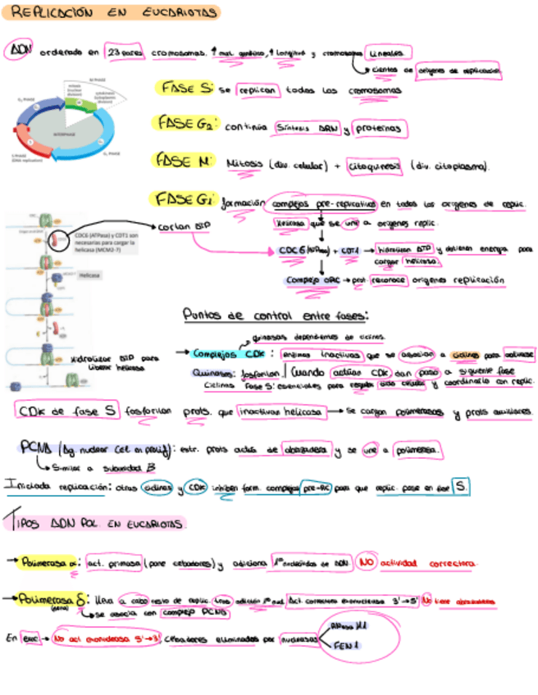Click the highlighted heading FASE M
point(185,161)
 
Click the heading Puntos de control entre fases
point(275,315)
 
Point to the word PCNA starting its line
point(38,447)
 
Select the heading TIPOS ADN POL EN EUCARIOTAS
point(97,523)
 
